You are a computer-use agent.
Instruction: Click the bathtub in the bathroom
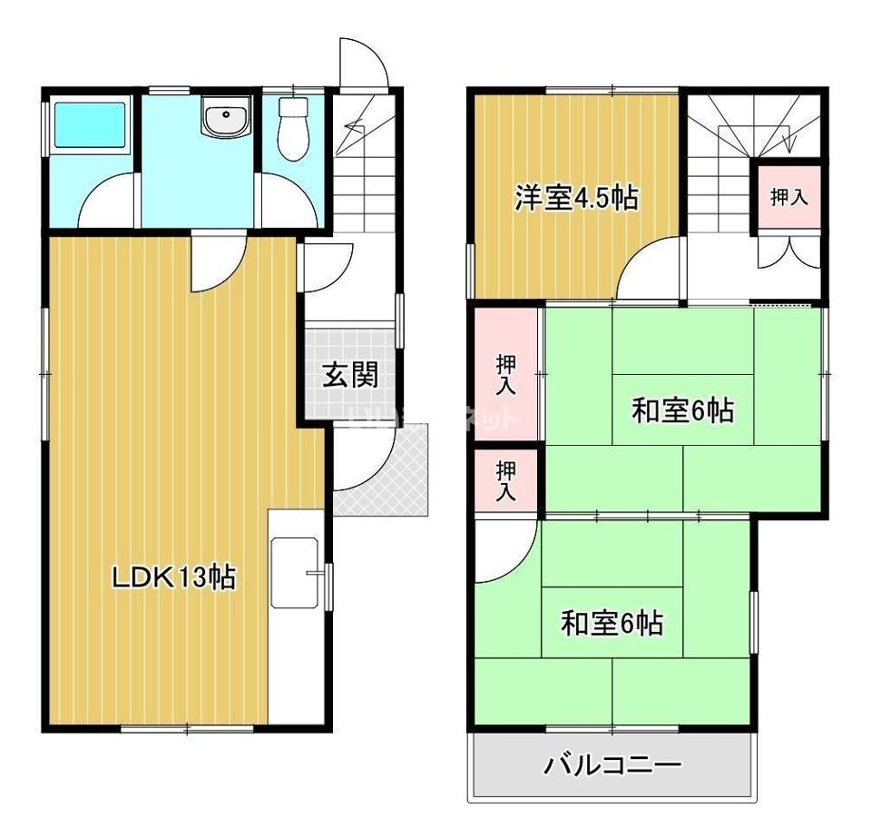[91, 125]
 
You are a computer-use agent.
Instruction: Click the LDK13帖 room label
[173, 577]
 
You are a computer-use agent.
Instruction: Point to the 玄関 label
[350, 374]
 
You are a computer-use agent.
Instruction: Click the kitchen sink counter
[295, 572]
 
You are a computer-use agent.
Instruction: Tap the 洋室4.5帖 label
[575, 197]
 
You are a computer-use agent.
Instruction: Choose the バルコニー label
[612, 766]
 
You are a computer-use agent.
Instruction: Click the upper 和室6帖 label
[682, 411]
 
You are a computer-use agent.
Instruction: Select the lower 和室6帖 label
[612, 624]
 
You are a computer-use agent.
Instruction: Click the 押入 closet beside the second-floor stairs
[788, 197]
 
